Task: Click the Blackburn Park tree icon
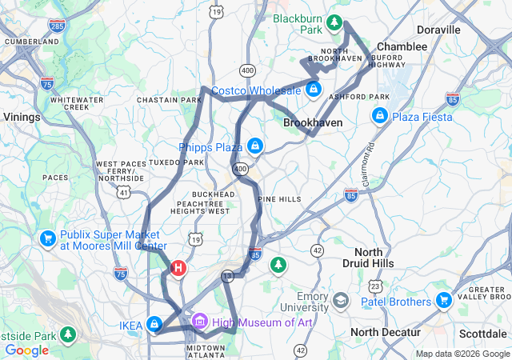(335, 22)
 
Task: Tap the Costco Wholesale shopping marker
(314, 89)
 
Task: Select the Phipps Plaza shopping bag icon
(255, 146)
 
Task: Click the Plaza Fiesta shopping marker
(379, 117)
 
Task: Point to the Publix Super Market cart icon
(47, 238)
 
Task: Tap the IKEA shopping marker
(154, 325)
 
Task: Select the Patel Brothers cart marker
(444, 302)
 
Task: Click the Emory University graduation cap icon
(342, 301)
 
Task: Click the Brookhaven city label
(313, 123)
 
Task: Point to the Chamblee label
(402, 47)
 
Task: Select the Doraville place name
(438, 30)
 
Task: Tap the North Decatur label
(385, 332)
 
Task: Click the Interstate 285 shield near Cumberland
(57, 26)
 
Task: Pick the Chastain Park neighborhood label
(169, 100)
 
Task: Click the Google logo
(26, 350)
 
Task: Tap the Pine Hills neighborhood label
(279, 198)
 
